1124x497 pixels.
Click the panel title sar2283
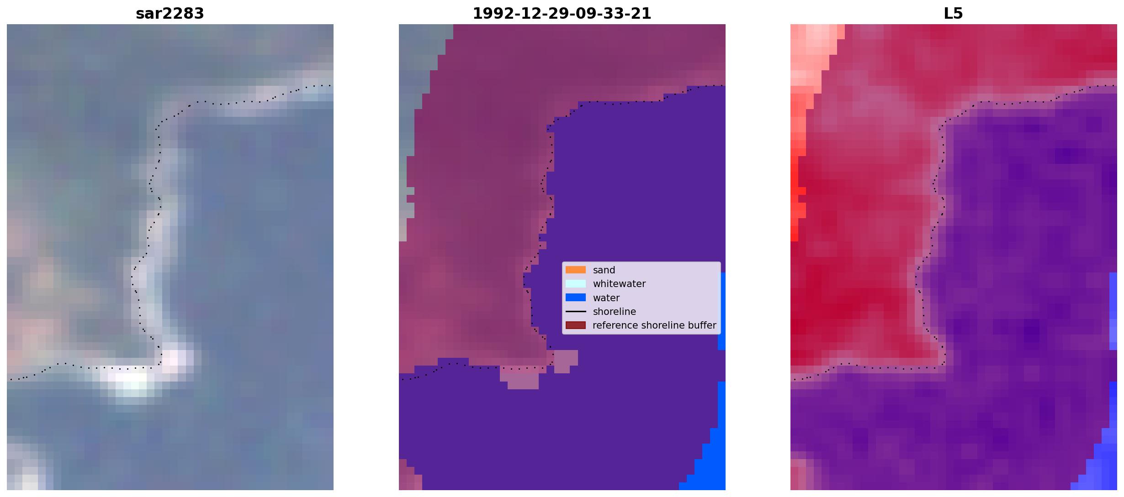pos(170,14)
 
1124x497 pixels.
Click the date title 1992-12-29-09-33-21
pos(562,14)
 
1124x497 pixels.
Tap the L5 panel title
pos(953,14)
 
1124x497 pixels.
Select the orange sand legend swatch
pos(576,270)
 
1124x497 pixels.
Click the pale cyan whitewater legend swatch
pos(576,283)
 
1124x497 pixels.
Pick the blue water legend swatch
pos(576,298)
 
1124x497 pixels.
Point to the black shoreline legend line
pos(576,311)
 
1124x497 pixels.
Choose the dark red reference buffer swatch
pos(576,325)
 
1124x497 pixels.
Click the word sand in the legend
pos(604,270)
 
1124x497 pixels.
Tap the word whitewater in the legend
pos(619,284)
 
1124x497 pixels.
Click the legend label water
pos(606,298)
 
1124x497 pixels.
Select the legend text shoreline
pos(615,312)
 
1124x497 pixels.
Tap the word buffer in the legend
pos(701,325)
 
